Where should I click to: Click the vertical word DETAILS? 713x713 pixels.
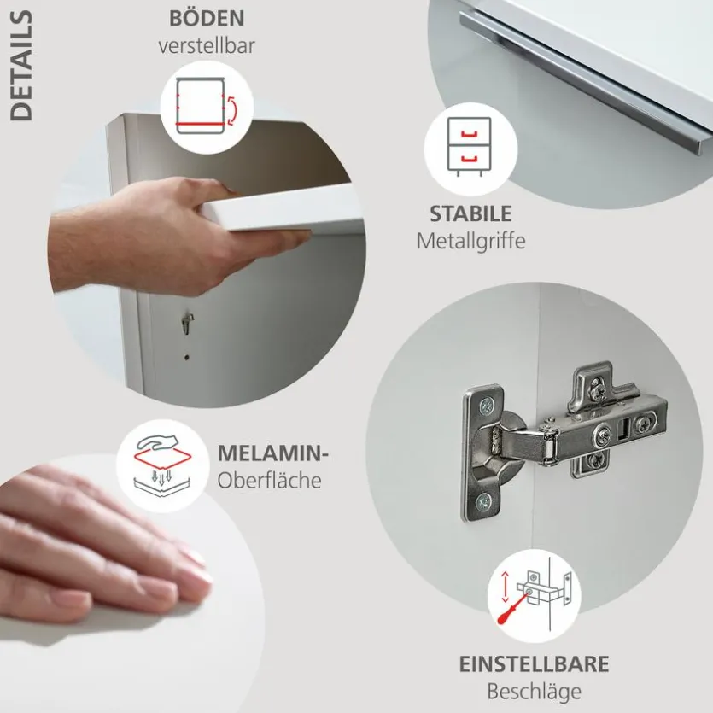pyautogui.click(x=21, y=66)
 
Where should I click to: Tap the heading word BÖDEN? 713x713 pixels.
pyautogui.click(x=207, y=19)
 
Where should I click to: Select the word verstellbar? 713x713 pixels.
pyautogui.click(x=207, y=46)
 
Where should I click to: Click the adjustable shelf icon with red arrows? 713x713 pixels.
pyautogui.click(x=207, y=107)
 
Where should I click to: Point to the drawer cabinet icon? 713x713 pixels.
pyautogui.click(x=470, y=147)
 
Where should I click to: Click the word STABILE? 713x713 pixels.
pyautogui.click(x=470, y=214)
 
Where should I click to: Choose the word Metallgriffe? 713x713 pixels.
pyautogui.click(x=470, y=241)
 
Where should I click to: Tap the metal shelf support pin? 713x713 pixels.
pyautogui.click(x=187, y=323)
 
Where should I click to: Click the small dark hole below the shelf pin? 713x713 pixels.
pyautogui.click(x=187, y=358)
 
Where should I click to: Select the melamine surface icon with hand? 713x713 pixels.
pyautogui.click(x=163, y=465)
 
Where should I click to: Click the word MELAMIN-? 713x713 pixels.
pyautogui.click(x=272, y=453)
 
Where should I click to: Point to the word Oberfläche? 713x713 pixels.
pyautogui.click(x=269, y=481)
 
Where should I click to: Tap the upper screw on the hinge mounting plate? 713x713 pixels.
pyautogui.click(x=486, y=405)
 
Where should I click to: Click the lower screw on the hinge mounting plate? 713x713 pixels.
pyautogui.click(x=485, y=502)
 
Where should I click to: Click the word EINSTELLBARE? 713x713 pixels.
pyautogui.click(x=534, y=664)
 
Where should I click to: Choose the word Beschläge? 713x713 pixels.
pyautogui.click(x=534, y=693)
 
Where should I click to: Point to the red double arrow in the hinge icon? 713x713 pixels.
pyautogui.click(x=505, y=586)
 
